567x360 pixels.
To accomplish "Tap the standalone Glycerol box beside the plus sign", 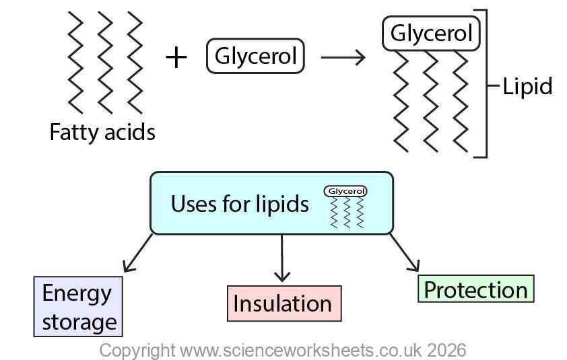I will tap(255, 57).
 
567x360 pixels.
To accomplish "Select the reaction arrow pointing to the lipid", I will tap(343, 57).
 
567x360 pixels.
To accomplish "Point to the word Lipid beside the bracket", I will tap(527, 86).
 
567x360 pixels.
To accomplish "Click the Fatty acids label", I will tap(102, 132).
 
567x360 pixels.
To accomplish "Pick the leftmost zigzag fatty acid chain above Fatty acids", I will tap(75, 62).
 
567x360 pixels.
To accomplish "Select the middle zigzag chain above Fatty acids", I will tap(106, 62).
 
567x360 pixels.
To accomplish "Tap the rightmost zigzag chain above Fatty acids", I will tap(135, 62).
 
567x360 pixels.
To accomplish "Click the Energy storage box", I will tap(79, 307).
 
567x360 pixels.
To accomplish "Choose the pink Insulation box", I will tap(283, 303).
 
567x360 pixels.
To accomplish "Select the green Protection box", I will tap(475, 289).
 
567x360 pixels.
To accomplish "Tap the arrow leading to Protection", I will tap(405, 252).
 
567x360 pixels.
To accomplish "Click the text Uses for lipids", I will tap(239, 203).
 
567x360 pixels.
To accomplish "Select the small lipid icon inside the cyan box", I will tap(345, 207).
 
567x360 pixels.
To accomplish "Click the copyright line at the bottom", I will tap(283, 350).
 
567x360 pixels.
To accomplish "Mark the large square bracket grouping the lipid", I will tap(482, 83).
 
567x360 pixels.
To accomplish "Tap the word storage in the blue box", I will tap(79, 322).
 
